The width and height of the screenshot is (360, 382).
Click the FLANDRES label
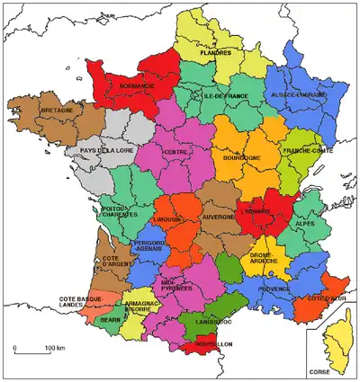pos(216,53)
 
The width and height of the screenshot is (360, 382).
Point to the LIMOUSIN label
pos(166,219)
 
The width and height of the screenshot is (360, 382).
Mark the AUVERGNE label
pos(218,217)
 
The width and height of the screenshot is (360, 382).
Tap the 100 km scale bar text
pos(55,347)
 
